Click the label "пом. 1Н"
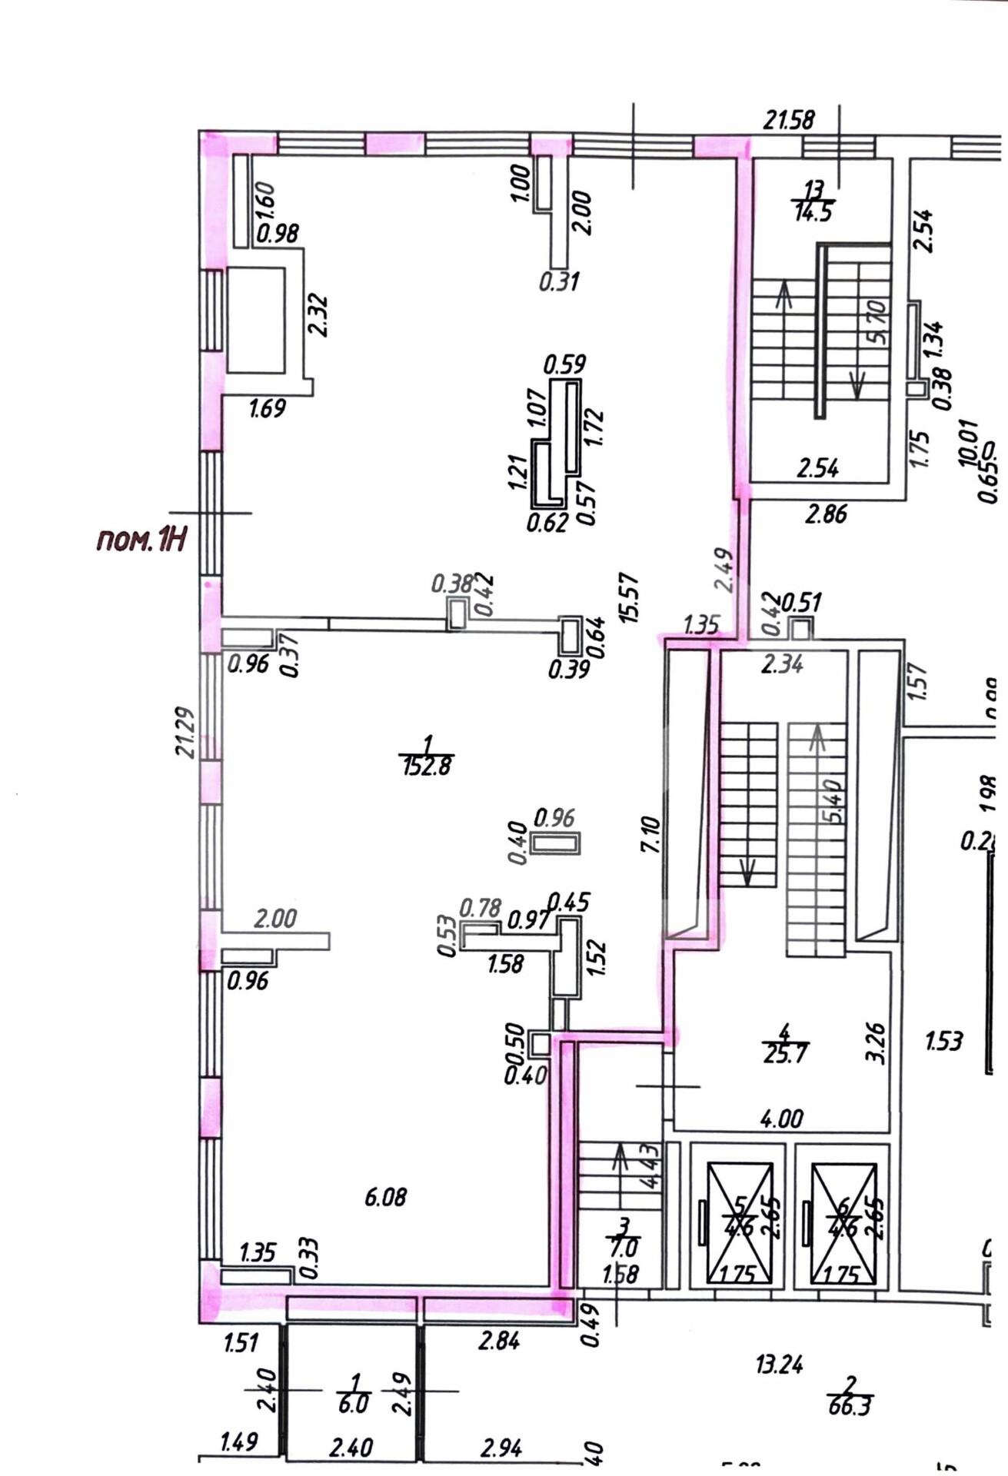point(141,540)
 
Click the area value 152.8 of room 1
point(427,766)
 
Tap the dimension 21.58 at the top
point(788,120)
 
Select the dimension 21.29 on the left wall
point(186,732)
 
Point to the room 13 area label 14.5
point(813,212)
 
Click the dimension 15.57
point(629,597)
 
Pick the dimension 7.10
point(650,834)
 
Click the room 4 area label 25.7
point(785,1053)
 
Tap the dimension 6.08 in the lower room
point(385,1196)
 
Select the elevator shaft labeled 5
point(740,1225)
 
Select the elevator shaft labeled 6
point(843,1225)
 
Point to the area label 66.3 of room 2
point(850,1407)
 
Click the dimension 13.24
point(779,1365)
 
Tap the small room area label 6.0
point(353,1404)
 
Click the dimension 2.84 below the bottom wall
point(498,1341)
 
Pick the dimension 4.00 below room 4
point(781,1119)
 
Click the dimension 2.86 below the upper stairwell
point(826,514)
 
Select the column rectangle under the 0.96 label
point(555,843)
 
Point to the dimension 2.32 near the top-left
point(318,314)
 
